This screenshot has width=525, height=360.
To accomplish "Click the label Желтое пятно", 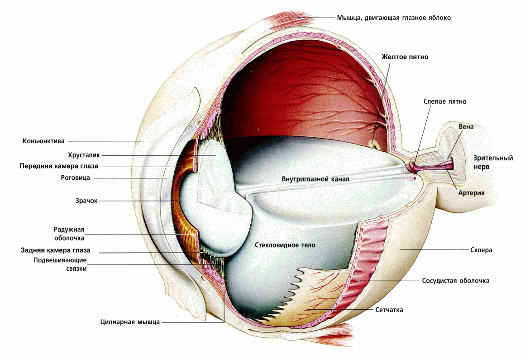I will pyautogui.click(x=405, y=57).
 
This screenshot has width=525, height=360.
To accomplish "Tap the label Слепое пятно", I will pyautogui.click(x=444, y=101).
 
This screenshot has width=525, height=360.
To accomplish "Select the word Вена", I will pyautogui.click(x=466, y=127).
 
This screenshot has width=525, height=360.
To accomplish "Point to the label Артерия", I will pyautogui.click(x=471, y=193).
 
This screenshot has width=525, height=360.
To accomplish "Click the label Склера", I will pyautogui.click(x=481, y=250).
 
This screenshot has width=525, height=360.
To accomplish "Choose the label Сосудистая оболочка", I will pyautogui.click(x=455, y=281).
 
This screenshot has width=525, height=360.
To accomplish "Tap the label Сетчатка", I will pyautogui.click(x=389, y=310).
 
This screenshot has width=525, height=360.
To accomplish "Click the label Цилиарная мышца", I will pyautogui.click(x=130, y=322).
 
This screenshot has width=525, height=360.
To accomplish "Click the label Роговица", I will pyautogui.click(x=76, y=178).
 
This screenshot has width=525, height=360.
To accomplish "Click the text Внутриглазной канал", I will pyautogui.click(x=315, y=179).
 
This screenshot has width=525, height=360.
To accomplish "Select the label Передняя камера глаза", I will pyautogui.click(x=59, y=166).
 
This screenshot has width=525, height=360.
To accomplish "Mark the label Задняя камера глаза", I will pyautogui.click(x=56, y=250).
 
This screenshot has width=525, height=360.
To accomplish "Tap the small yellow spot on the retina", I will pyautogui.click(x=375, y=144).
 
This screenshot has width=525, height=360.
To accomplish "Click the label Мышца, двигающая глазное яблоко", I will pyautogui.click(x=394, y=18).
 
